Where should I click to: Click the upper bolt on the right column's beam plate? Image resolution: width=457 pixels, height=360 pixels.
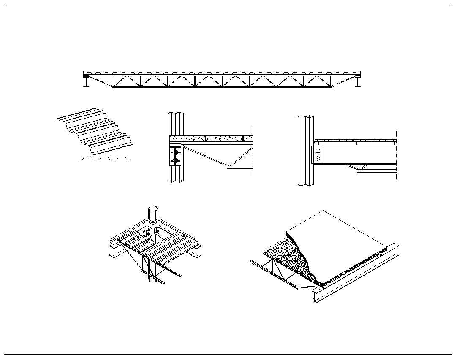pyautogui.click(x=318, y=151)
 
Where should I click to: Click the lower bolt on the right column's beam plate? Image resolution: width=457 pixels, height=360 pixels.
pyautogui.click(x=318, y=159)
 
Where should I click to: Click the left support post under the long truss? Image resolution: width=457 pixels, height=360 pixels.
pyautogui.click(x=87, y=82)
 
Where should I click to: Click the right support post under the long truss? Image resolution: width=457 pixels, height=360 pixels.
pyautogui.click(x=358, y=82)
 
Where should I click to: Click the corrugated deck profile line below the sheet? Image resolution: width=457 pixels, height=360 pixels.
pyautogui.click(x=104, y=159)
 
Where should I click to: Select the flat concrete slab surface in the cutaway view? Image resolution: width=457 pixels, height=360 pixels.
pyautogui.click(x=338, y=241)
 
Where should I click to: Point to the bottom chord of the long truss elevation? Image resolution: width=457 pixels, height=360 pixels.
pyautogui.click(x=222, y=87)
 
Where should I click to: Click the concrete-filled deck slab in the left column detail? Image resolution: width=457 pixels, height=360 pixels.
pyautogui.click(x=211, y=138)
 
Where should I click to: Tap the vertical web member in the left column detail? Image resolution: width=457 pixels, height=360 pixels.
pyautogui.click(x=230, y=155)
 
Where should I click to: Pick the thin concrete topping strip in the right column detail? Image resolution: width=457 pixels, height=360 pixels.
pyautogui.click(x=355, y=140)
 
